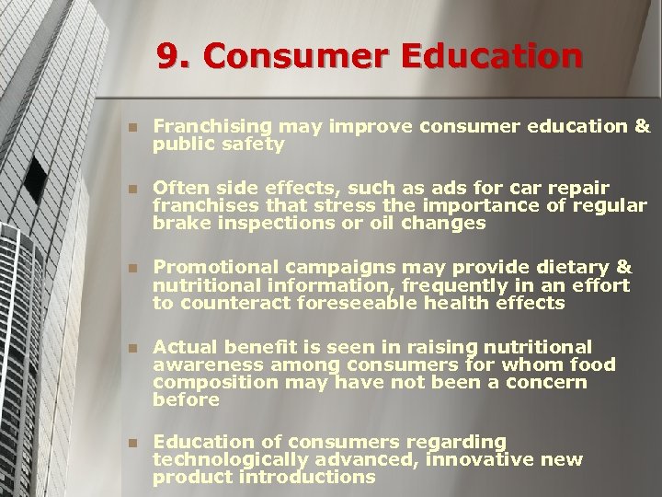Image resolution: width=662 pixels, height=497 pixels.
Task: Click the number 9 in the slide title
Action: (167, 57)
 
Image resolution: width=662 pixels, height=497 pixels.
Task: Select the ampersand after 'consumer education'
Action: (642, 126)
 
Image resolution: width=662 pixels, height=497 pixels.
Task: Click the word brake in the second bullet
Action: (177, 223)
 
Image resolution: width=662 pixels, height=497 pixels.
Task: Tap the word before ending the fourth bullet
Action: (186, 399)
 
